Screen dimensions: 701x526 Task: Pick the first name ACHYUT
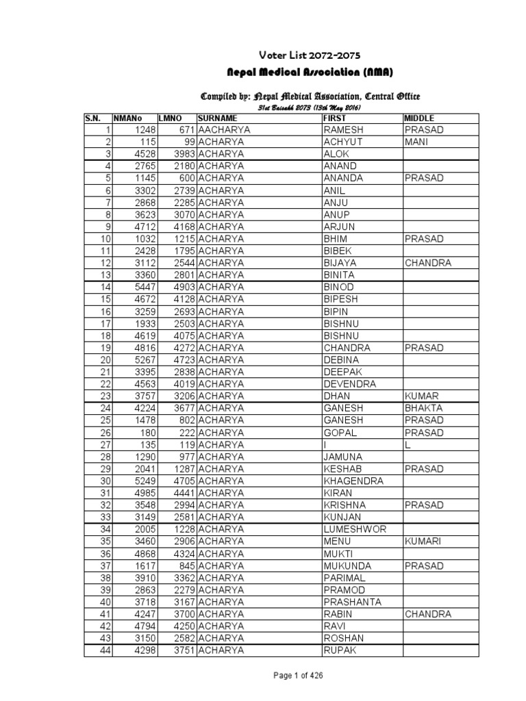coord(342,142)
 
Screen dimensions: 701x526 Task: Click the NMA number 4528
coord(146,154)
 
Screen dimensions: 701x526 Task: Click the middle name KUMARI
coord(423,541)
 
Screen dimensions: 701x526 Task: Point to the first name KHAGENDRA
coord(353,481)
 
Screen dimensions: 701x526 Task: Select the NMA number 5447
coord(146,287)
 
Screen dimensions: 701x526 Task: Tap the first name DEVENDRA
coord(349,384)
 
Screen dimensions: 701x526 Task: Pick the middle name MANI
coord(416,142)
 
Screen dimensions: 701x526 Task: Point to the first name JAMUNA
coord(343,457)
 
